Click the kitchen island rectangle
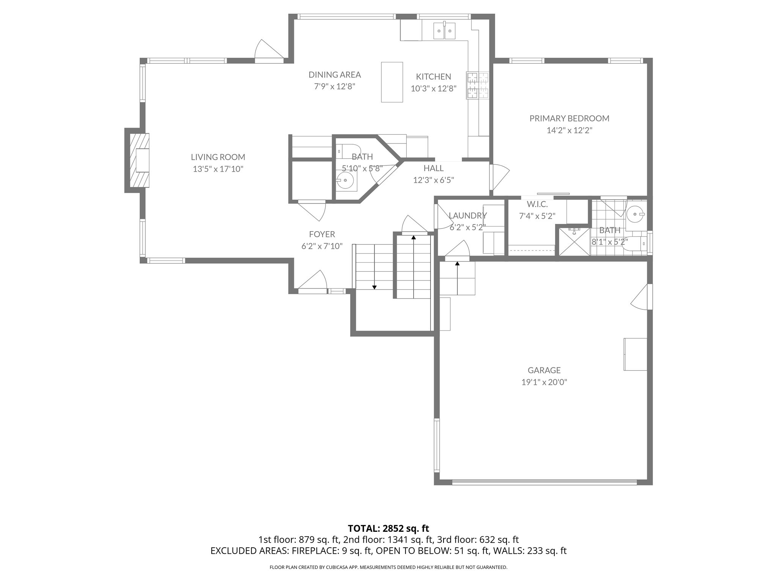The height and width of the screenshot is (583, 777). coord(392,82)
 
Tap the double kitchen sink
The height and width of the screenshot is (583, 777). coord(444,31)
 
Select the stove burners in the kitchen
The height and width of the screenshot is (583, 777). coord(478,86)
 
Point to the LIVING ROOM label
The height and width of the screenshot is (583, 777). coord(218,157)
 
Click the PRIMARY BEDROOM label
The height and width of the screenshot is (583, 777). coord(569,118)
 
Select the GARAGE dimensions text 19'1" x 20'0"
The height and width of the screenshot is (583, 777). coord(544,382)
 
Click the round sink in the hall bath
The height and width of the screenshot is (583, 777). coord(345,180)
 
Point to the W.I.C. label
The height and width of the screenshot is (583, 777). coord(537,204)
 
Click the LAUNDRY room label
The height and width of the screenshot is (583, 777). coord(467,216)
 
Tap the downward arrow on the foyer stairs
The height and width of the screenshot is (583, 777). coord(374,287)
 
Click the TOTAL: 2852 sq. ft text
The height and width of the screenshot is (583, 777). coord(388,528)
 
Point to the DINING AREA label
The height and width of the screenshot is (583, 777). coord(334,75)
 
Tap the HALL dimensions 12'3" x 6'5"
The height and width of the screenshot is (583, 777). coord(433,180)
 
